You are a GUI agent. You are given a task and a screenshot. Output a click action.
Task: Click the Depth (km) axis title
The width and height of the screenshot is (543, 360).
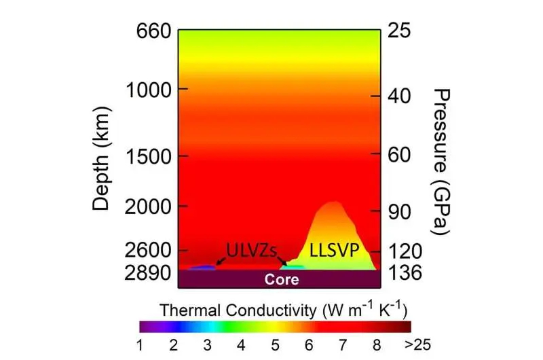coord(101,151)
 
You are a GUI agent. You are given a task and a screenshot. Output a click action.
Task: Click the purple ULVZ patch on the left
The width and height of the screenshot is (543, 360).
coord(202,268)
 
